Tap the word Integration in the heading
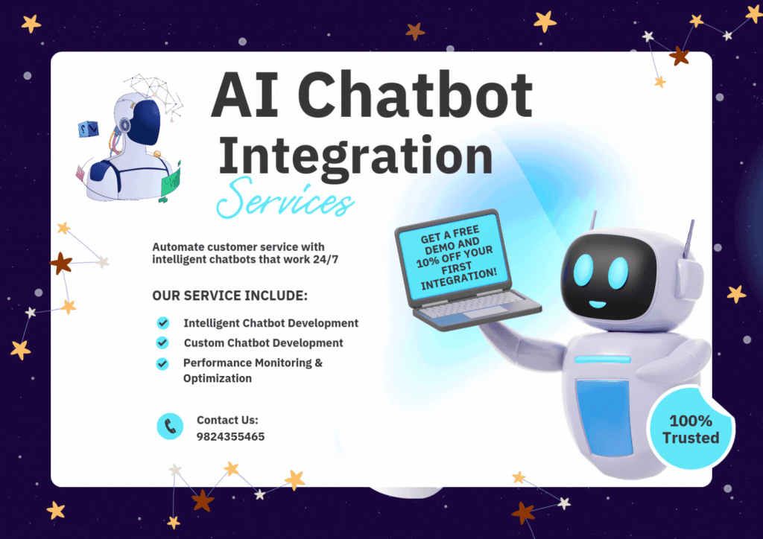tap(355, 156)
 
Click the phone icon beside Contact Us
tap(170, 427)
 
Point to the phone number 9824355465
tap(231, 436)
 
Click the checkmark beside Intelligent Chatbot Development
tap(163, 322)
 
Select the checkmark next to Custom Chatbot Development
tap(162, 342)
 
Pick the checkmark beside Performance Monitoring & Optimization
tap(162, 363)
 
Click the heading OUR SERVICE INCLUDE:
tap(229, 296)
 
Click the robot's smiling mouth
tap(597, 304)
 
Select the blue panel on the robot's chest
tap(604, 416)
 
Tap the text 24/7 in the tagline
tap(326, 259)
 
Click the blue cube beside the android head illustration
tap(89, 129)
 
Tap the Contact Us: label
tap(227, 420)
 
